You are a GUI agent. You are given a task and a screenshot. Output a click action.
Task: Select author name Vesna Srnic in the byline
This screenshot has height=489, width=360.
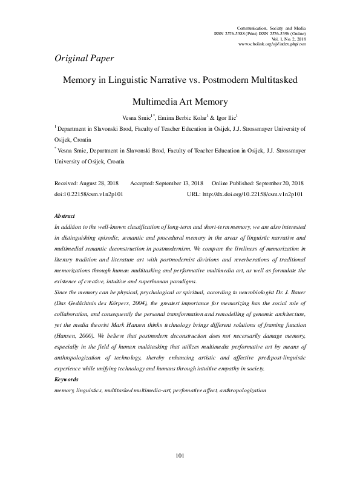coord(138,117)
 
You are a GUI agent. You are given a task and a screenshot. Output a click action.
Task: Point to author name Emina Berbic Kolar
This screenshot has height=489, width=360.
coord(182,117)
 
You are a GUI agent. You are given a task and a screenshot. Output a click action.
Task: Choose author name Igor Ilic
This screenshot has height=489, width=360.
coord(226,117)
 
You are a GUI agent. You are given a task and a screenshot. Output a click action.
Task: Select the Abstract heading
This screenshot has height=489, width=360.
coord(65,215)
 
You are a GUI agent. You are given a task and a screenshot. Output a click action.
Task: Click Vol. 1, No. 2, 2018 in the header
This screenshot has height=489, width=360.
coord(287,39)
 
